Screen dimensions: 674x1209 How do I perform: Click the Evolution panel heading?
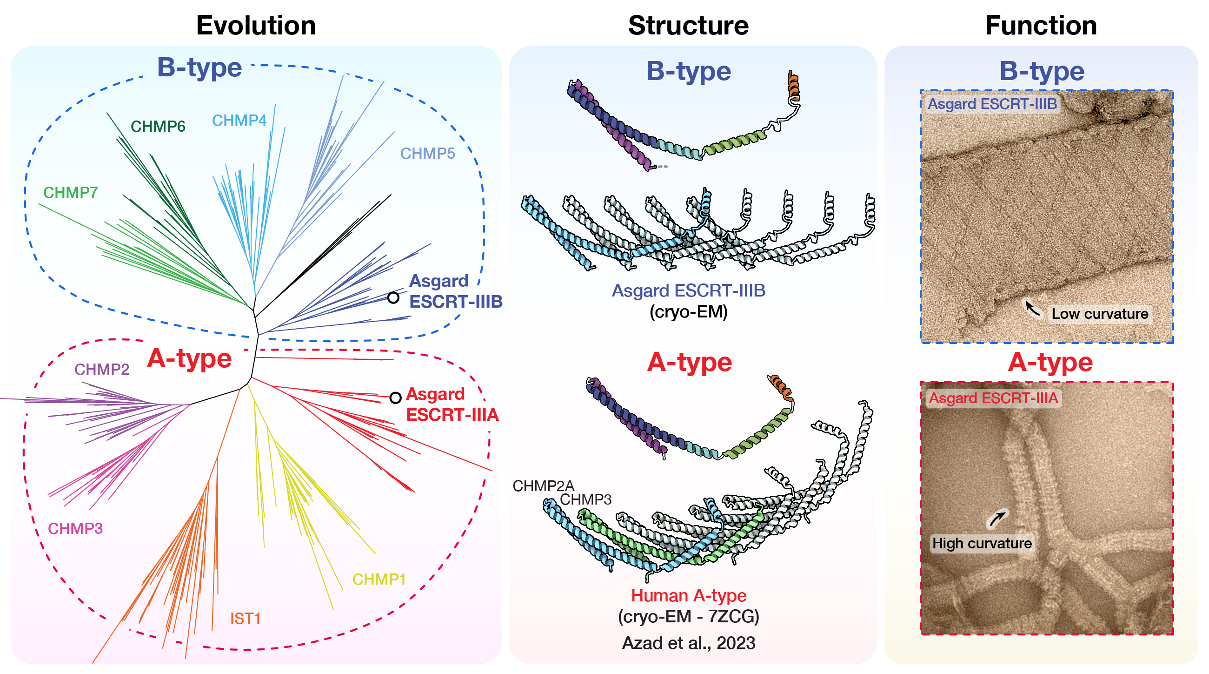(x=256, y=25)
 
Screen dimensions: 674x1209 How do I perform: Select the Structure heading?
(x=688, y=25)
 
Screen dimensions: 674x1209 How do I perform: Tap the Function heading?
(x=1041, y=25)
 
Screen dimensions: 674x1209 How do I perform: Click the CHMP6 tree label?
(x=158, y=126)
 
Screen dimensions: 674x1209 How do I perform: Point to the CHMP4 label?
(x=239, y=120)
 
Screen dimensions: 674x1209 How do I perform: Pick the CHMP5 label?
(x=427, y=153)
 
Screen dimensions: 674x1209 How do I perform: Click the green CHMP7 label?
(x=70, y=192)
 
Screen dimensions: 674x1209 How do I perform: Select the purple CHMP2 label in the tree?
(x=101, y=369)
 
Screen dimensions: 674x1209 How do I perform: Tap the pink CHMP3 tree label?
(x=75, y=528)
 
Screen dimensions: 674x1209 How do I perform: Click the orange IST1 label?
(x=245, y=618)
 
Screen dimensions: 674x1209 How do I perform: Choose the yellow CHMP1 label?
(x=379, y=579)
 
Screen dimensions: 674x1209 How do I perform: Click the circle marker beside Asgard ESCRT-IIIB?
(x=393, y=297)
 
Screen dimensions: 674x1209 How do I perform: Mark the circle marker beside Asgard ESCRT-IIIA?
(x=395, y=398)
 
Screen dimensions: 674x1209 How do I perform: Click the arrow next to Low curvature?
(x=1031, y=309)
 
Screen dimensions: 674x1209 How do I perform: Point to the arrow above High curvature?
(x=997, y=518)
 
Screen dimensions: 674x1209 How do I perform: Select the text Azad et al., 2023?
(x=688, y=642)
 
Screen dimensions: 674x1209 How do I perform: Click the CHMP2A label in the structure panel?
(x=543, y=485)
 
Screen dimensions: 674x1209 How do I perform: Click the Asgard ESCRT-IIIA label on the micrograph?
(x=993, y=398)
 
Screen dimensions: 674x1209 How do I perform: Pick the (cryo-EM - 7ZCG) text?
(x=688, y=616)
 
